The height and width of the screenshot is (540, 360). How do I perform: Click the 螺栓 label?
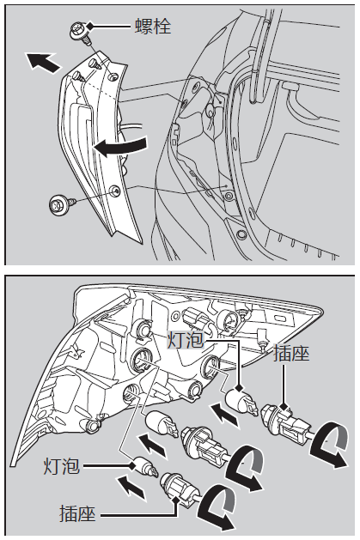click(153, 26)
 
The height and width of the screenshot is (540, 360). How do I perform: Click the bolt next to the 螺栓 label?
click(81, 33)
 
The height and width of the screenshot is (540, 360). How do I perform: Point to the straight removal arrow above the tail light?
click(43, 62)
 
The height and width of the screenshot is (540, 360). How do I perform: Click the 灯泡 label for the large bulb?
click(186, 340)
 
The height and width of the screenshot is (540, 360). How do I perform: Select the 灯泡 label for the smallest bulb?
click(62, 466)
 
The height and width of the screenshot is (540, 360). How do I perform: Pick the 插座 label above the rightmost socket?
click(291, 354)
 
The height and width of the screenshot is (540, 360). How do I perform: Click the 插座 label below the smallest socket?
click(77, 514)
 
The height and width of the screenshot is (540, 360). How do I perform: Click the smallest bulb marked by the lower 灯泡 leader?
click(146, 467)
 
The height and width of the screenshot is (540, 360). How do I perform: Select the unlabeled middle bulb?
click(162, 424)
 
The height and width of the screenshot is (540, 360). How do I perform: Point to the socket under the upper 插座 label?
click(285, 422)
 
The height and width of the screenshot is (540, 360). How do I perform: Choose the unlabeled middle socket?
click(205, 444)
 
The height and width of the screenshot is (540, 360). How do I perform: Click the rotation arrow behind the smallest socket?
click(217, 508)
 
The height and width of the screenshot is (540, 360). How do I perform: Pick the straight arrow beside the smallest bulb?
click(131, 486)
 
